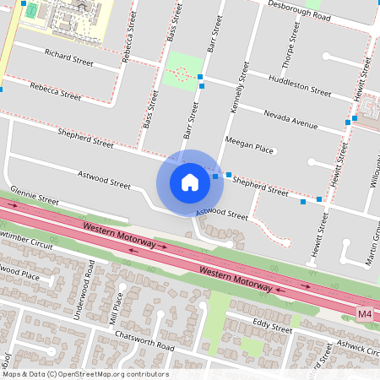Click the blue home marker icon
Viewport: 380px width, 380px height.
pyautogui.click(x=190, y=182)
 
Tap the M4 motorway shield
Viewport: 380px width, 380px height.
pyautogui.click(x=364, y=314)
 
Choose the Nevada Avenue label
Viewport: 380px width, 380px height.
pyautogui.click(x=290, y=118)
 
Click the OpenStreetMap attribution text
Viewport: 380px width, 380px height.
pyautogui.click(x=84, y=374)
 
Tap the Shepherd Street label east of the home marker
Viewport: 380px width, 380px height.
pyautogui.click(x=260, y=186)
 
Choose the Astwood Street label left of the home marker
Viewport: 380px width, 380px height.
pyautogui.click(x=105, y=181)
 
